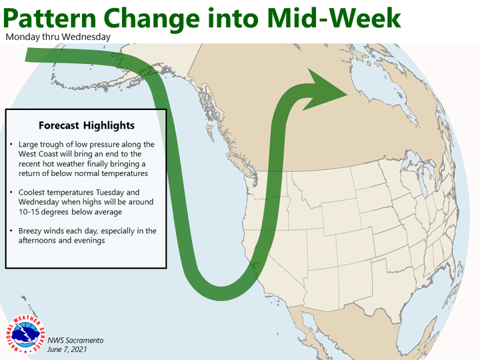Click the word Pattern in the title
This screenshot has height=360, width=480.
pos(50,19)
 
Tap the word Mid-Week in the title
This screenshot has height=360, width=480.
pos(333,19)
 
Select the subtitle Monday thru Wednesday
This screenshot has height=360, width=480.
pos(58,37)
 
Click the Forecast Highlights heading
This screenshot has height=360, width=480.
pos(87,125)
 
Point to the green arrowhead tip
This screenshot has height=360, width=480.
pos(347,94)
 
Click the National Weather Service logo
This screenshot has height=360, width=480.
pos(26,334)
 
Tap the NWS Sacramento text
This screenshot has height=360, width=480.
pos(75,341)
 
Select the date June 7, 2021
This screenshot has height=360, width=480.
pos(67,349)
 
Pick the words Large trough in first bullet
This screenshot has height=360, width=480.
pos(39,145)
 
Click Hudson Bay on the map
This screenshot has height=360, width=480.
pos(379,89)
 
